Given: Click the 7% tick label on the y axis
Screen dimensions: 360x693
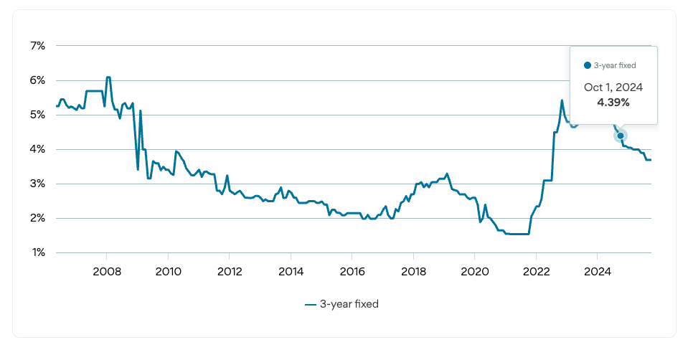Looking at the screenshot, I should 37,46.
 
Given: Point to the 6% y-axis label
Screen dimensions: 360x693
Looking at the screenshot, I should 37,80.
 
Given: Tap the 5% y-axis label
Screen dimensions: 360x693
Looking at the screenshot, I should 37,115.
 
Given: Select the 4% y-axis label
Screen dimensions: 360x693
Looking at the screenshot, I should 37,149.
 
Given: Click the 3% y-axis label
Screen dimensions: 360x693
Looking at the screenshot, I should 37,184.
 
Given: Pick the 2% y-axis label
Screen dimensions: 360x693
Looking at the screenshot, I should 37,218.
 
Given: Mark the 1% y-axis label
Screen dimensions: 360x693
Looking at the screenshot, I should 37,252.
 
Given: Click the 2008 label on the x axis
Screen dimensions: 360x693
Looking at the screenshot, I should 106,272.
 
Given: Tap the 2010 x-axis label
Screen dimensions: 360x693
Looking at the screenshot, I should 168,272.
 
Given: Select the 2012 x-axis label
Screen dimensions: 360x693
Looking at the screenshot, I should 229,272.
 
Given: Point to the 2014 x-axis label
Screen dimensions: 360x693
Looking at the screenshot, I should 291,272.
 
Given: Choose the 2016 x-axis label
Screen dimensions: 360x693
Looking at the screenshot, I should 352,272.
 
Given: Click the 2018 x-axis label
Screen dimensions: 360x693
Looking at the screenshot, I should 413,272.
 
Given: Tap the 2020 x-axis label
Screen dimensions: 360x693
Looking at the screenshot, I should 474,272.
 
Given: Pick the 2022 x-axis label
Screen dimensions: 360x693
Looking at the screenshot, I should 536,272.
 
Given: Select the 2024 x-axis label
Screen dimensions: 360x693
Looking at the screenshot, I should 597,272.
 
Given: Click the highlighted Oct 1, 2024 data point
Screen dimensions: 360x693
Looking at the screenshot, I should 620,136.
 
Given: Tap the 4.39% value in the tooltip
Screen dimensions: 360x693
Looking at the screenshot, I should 613,103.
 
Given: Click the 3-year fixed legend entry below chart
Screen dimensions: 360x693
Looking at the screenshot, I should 341,304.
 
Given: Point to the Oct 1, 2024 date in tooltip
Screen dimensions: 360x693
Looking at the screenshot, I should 613,87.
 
